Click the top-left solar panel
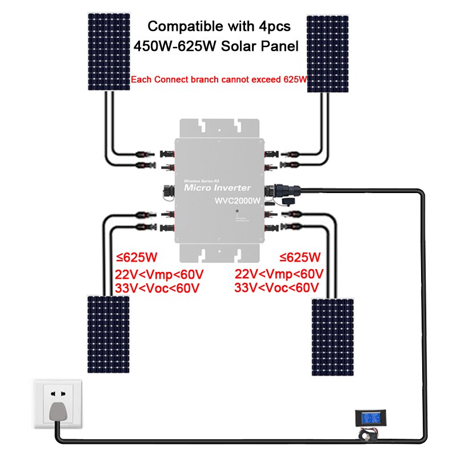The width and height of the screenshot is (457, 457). click(x=108, y=52)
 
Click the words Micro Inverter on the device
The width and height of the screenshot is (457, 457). click(x=217, y=187)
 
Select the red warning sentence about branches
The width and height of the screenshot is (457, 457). click(x=219, y=81)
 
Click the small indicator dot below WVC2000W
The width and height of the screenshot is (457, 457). click(x=236, y=212)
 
